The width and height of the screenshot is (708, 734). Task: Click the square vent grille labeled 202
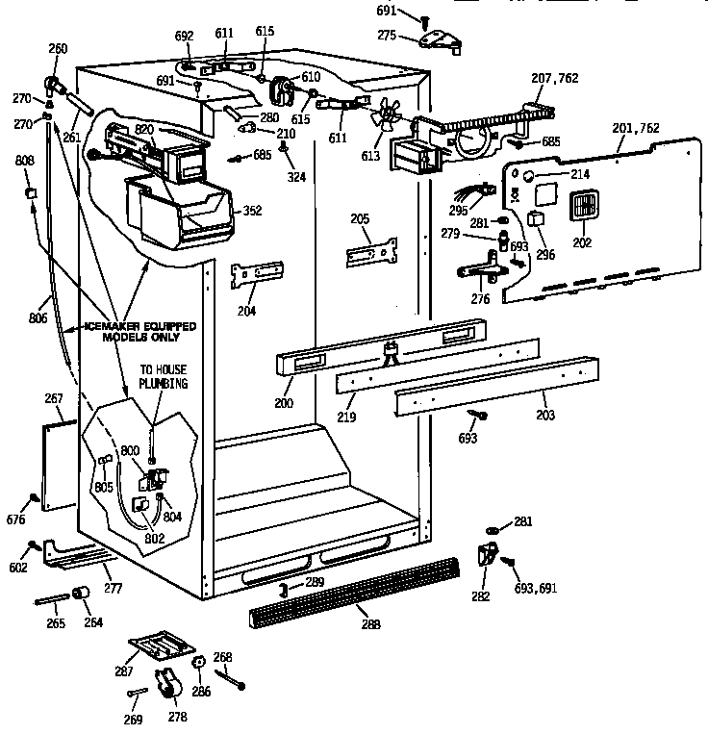584,207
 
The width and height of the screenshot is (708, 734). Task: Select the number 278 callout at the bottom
178,716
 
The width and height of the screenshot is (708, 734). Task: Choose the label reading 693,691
536,587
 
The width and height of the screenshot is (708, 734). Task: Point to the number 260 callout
59,48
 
